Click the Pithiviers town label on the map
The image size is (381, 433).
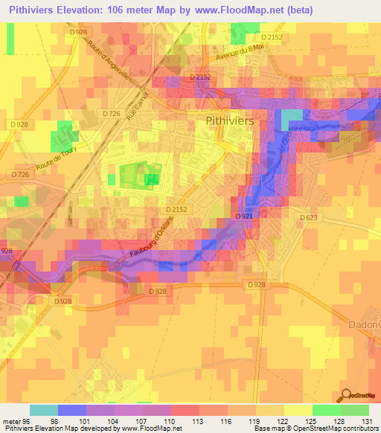229,119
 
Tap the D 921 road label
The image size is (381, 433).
244,216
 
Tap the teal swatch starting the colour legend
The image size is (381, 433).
44,409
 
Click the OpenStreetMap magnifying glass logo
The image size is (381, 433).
345,394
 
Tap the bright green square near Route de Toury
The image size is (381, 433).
64,138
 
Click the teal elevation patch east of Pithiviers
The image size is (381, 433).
292,117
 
